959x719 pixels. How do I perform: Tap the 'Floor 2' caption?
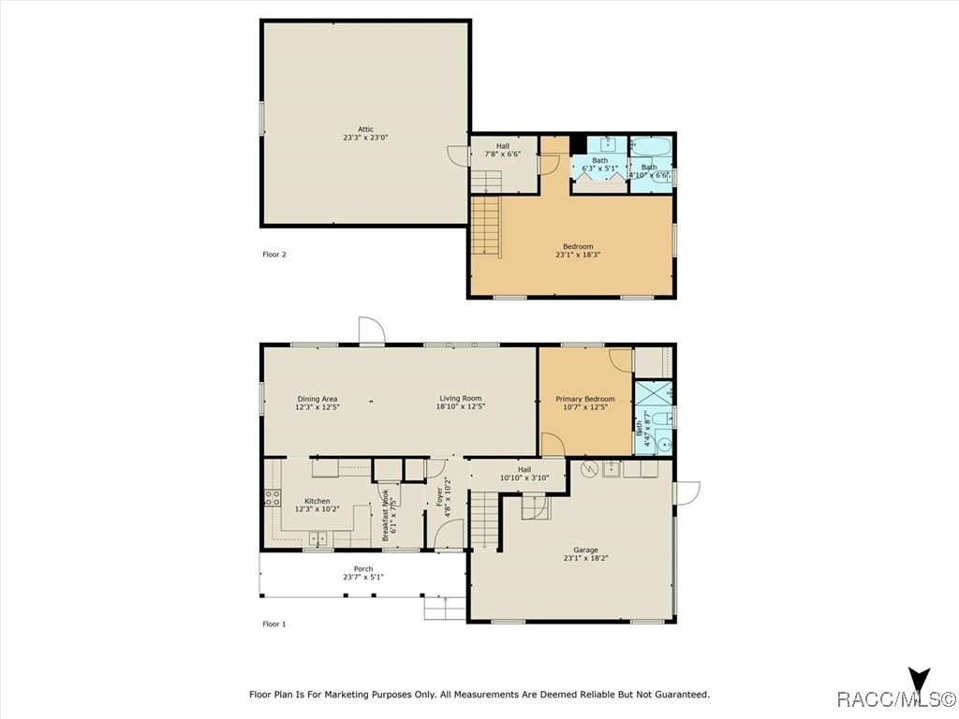(274, 255)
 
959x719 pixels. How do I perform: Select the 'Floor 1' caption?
(274, 624)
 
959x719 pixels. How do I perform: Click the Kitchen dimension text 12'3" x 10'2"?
(317, 508)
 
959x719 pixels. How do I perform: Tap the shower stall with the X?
(653, 393)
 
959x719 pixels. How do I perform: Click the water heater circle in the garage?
(589, 470)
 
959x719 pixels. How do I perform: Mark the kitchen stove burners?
(273, 498)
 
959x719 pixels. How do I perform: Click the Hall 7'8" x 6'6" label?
(503, 151)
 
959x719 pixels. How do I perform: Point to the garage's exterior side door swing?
(686, 492)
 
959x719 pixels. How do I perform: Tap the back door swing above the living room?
(372, 330)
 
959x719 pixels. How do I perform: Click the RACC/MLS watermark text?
(896, 698)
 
